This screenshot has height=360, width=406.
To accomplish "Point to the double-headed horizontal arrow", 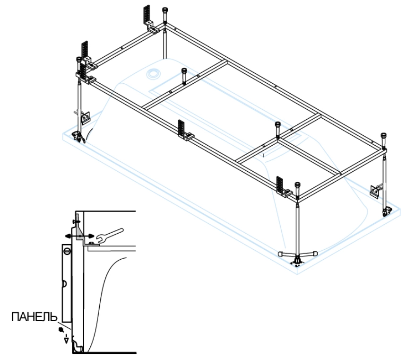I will pos(78,235).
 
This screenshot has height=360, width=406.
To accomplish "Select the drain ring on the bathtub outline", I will pos(153,73).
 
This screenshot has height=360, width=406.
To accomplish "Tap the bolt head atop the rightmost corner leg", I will pos(384,138).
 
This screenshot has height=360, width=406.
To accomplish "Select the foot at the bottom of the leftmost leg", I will pos(77,136).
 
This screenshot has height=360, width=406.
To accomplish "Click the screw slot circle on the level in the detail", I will pos(67,250).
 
